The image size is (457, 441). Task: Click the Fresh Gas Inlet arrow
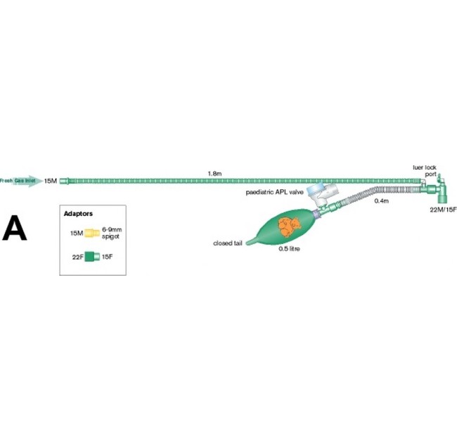20,181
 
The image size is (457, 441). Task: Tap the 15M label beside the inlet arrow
51,181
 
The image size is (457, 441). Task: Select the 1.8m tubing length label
214,173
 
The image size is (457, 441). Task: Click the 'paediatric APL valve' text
276,191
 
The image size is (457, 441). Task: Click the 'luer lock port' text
425,171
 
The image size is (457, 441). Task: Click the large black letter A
15,229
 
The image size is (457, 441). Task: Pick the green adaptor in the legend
92,257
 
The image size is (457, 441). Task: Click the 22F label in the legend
77,257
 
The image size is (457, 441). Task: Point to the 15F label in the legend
108,257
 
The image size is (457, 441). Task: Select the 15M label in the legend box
77,232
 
